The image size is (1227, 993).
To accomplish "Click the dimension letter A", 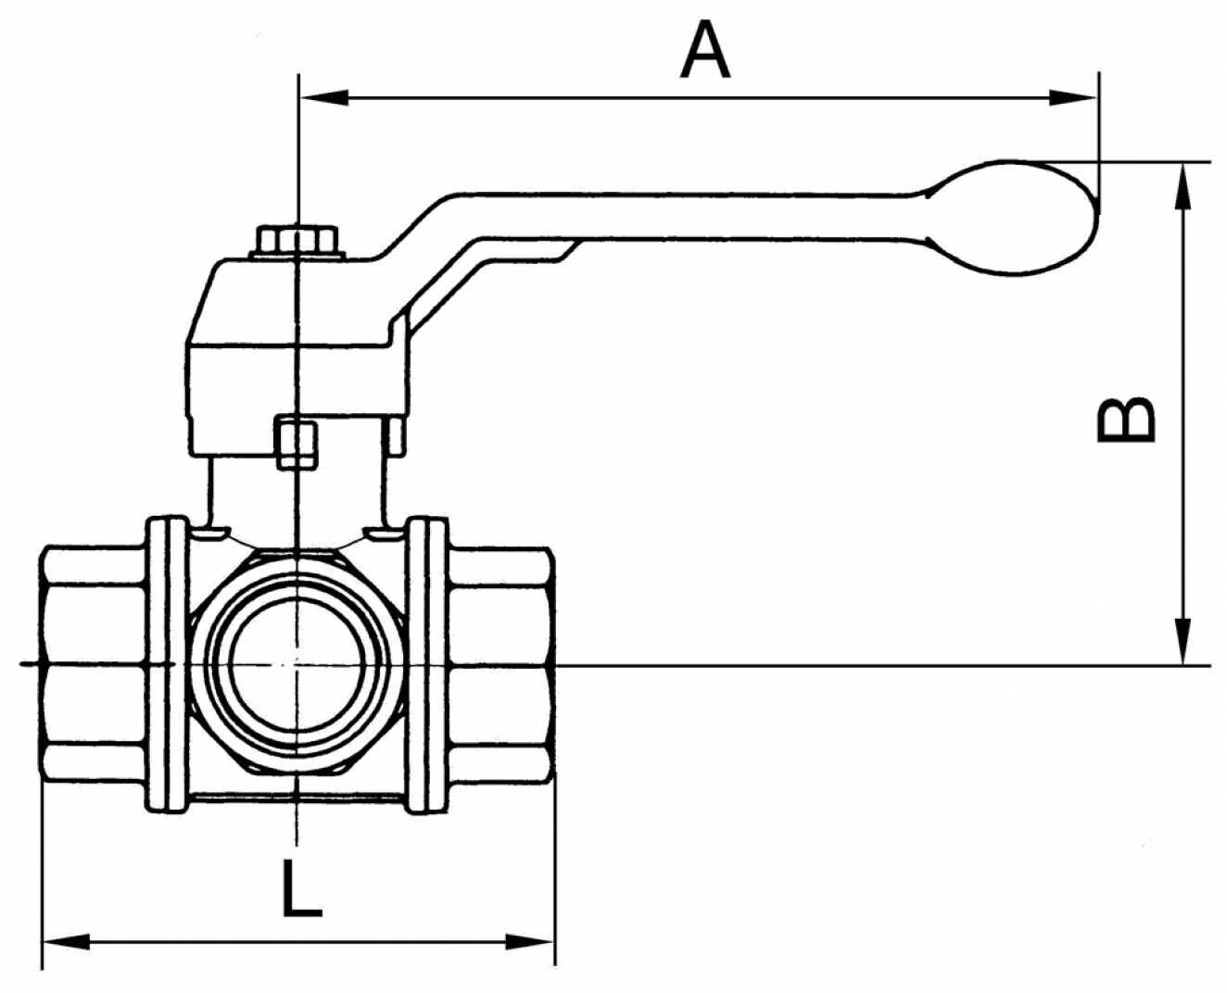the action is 705,50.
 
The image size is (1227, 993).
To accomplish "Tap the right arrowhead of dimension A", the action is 1072,97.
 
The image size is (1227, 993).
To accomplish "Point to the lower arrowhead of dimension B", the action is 1183,641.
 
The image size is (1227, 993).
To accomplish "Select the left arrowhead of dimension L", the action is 67,942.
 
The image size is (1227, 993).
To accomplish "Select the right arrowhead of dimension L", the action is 530,942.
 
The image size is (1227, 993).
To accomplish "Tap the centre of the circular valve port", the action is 296,663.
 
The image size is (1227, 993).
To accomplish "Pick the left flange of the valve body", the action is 167,665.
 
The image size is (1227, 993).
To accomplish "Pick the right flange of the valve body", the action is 427,665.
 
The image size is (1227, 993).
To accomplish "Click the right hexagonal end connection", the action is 501,663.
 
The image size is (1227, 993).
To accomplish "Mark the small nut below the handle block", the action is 297,442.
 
